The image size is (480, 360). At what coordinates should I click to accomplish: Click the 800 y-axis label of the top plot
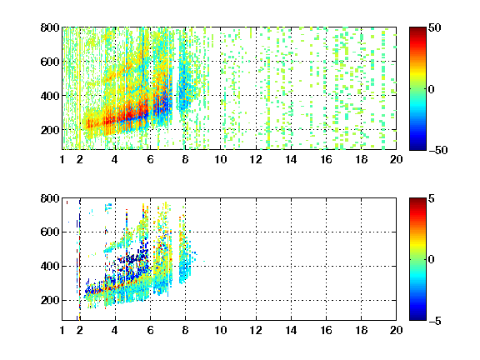(50, 27)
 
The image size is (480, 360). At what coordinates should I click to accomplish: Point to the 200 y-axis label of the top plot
(50, 130)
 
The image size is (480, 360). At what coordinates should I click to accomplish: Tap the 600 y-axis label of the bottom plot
(50, 232)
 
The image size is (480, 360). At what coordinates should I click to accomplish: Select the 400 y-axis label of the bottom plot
(50, 266)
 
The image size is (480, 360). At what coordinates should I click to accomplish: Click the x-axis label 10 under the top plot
(220, 159)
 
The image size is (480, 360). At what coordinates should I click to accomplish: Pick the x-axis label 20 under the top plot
(396, 159)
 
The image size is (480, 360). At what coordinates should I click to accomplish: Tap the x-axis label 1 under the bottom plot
(62, 330)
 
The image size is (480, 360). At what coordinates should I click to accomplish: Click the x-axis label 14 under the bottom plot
(291, 330)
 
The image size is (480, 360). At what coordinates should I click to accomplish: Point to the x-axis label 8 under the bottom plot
(185, 330)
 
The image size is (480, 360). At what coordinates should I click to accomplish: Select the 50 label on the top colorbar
(435, 27)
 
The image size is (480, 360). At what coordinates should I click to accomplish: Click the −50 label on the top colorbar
(438, 150)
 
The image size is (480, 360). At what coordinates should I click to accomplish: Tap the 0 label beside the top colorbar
(432, 89)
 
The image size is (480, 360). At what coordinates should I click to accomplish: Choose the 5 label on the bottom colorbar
(432, 198)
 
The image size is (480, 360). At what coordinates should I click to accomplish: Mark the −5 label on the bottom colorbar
(435, 321)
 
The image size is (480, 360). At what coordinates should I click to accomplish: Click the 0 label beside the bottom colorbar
(432, 260)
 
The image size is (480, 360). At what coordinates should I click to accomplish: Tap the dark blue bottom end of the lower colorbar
(417, 318)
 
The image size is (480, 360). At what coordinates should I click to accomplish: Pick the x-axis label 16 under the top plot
(326, 159)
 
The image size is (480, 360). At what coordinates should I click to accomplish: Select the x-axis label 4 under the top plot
(115, 159)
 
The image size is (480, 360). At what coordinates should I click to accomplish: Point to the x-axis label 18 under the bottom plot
(361, 330)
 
